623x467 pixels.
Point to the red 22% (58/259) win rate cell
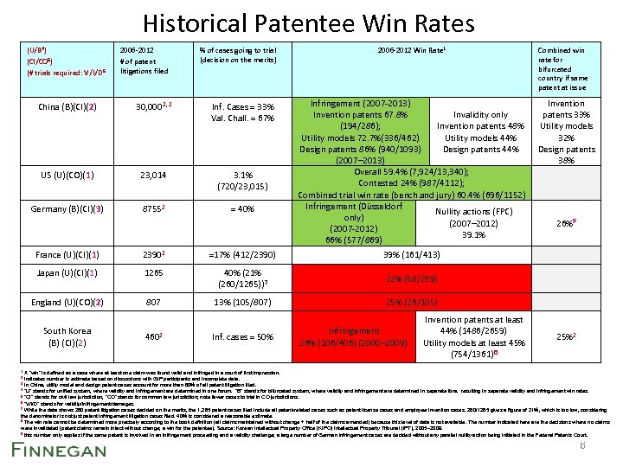point(410,279)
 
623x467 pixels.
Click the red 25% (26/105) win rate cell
point(410,304)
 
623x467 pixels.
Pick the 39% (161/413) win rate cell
point(410,255)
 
